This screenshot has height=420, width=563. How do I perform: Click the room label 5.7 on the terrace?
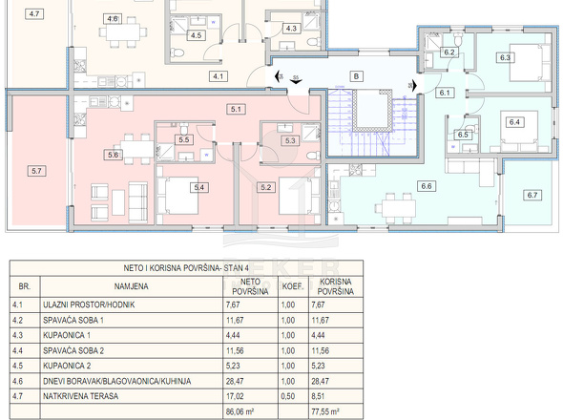[x=36, y=171]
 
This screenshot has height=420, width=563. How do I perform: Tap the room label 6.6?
[x=427, y=186]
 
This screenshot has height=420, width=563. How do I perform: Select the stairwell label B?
[x=356, y=76]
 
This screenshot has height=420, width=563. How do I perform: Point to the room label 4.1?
[x=218, y=76]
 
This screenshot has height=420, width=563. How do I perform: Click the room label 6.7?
[x=532, y=195]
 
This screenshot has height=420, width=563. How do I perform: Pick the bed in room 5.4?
[x=178, y=196]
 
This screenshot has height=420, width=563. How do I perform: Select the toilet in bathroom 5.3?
[x=313, y=156]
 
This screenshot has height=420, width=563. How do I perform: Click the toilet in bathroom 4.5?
[x=177, y=53]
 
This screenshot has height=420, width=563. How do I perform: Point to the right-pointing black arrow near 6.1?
[x=414, y=86]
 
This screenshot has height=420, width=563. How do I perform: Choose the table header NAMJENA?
[x=132, y=286]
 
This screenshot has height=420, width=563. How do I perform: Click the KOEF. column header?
[x=293, y=286]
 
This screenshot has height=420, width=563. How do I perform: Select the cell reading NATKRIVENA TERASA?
[x=80, y=396]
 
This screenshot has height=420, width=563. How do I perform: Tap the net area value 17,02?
[x=235, y=396]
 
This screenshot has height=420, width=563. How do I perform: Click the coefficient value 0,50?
[x=288, y=396]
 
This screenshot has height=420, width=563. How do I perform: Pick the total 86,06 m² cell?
[x=240, y=411]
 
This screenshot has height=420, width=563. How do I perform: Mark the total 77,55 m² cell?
[x=325, y=411]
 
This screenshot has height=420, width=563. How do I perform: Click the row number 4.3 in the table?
[x=17, y=335]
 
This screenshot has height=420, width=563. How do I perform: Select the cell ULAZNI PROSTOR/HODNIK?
[x=89, y=304]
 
